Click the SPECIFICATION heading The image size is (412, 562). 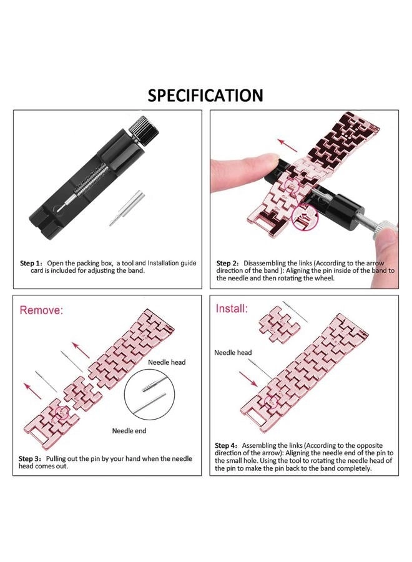coord(205,96)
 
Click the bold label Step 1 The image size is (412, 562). coord(31,263)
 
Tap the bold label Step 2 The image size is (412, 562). coord(228,263)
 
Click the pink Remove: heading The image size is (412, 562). coord(42,310)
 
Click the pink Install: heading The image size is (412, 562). coord(232,308)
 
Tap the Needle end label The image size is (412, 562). coord(129,431)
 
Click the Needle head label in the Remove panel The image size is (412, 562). coord(166,362)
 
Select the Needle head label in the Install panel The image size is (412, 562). coord(233,353)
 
